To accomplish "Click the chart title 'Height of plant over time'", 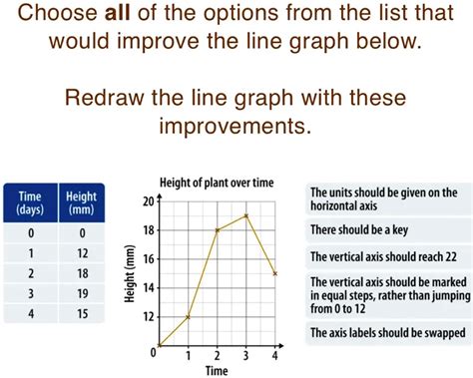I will (x=216, y=183).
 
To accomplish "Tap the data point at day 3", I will (x=245, y=215).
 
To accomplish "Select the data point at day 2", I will (x=217, y=230).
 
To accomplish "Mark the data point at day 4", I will (x=274, y=273).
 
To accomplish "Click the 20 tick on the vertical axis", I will (x=149, y=201).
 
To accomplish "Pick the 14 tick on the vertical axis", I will (x=149, y=287).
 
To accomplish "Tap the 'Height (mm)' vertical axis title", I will (x=128, y=274).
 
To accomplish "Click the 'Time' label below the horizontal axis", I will (x=217, y=370).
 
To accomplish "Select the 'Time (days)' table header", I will (x=30, y=204).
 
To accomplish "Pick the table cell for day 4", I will (x=30, y=313).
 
